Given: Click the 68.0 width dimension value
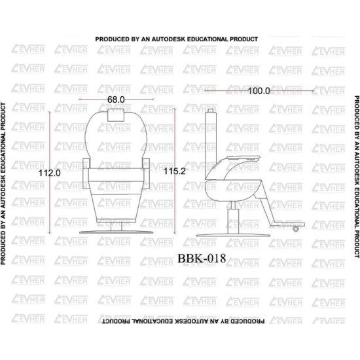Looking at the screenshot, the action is coord(116,99).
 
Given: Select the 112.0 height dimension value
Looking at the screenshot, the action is coord(50,173).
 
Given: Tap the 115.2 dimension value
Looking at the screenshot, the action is coord(175,171).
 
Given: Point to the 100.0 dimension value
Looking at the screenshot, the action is coord(259,91).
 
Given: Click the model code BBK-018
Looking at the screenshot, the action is coord(202,259).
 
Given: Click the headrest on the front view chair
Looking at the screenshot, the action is coord(116,115).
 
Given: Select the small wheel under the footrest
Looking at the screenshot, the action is coord(296,228).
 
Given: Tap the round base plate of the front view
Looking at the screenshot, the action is coord(116,232).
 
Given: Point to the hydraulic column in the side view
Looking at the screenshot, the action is coord(233,217).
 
